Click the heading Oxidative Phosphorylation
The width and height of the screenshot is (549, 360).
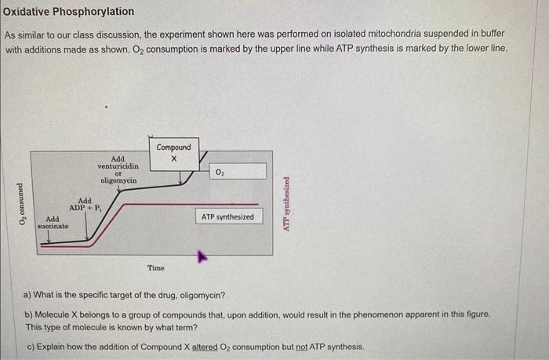pyautogui.click(x=68, y=12)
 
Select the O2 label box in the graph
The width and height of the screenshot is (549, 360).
pyautogui.click(x=238, y=171)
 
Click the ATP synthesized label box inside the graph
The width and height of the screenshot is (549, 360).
pyautogui.click(x=227, y=216)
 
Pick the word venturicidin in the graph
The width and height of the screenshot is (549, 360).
pyautogui.click(x=118, y=165)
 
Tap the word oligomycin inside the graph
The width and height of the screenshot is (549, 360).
pyautogui.click(x=118, y=180)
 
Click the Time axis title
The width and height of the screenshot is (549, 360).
pyautogui.click(x=156, y=268)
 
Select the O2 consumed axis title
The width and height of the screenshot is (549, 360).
pyautogui.click(x=21, y=204)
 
